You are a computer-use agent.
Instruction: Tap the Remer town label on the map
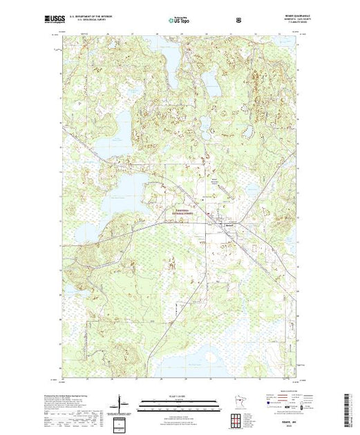227,226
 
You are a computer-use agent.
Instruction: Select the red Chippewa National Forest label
182,213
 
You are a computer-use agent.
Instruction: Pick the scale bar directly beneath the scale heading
180,401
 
